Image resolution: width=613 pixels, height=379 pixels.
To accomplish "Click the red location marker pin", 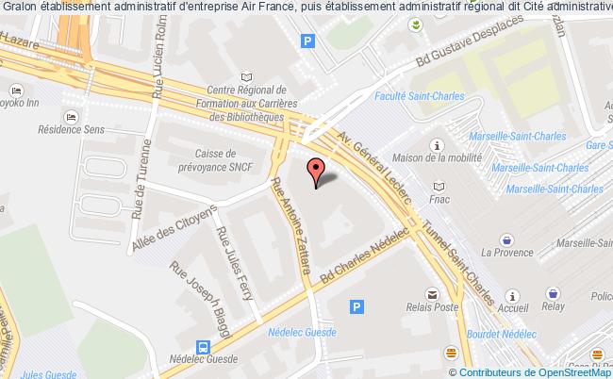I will [316, 171].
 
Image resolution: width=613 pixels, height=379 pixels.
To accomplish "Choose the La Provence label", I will [507, 253].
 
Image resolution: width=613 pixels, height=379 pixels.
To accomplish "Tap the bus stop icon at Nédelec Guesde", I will [202, 346].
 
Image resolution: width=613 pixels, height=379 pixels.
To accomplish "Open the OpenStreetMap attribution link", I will [555, 371].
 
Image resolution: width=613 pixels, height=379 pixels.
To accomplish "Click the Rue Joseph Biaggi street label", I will [202, 299].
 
